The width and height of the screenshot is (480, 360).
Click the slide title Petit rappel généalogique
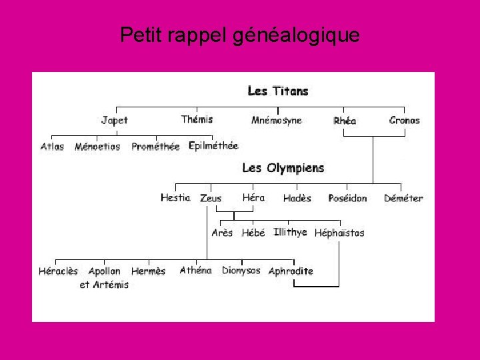[240, 35]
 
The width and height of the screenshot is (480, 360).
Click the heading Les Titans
[278, 91]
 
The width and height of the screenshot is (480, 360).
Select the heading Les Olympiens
[283, 168]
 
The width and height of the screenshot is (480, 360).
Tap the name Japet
[114, 121]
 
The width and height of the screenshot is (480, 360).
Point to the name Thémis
[197, 119]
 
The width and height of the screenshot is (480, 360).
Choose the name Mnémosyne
[277, 121]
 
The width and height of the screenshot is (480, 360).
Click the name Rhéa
[345, 121]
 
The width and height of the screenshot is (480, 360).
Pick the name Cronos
[405, 121]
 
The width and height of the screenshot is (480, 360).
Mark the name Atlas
[52, 147]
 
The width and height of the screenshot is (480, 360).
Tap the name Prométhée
[155, 147]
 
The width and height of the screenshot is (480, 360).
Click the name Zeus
[211, 199]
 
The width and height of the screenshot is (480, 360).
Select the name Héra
[253, 197]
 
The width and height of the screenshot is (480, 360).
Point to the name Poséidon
[347, 199]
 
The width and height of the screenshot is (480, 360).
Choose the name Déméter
[403, 199]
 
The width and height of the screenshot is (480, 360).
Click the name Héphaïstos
[339, 233]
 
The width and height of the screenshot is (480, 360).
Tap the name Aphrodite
[291, 271]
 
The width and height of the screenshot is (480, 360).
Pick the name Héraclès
[58, 271]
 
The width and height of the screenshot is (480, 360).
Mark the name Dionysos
[241, 271]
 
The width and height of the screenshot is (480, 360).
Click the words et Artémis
[104, 285]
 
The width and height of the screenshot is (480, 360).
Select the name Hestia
[175, 197]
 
